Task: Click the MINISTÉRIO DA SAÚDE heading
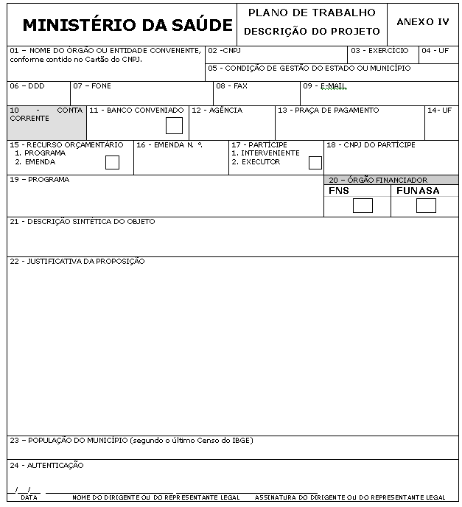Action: (x=127, y=24)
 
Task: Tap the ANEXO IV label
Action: (x=422, y=22)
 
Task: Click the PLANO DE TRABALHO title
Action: (x=312, y=13)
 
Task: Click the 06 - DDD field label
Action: (x=27, y=86)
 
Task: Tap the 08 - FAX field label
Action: (x=231, y=86)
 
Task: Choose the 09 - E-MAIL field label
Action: (x=324, y=86)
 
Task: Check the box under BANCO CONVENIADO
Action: (x=174, y=125)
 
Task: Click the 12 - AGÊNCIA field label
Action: (x=217, y=111)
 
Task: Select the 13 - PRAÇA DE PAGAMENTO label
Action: (x=328, y=111)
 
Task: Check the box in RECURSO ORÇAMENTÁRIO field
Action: (x=112, y=162)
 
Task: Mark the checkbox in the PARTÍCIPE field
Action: (x=315, y=162)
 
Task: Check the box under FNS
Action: (x=363, y=206)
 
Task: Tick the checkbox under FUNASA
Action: (x=426, y=206)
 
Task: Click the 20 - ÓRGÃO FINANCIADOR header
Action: (x=377, y=180)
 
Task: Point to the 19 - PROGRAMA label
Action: (x=40, y=180)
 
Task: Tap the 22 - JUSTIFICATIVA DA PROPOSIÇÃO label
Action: (x=77, y=262)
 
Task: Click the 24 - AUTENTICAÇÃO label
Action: (x=47, y=466)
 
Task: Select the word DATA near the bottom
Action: (x=29, y=497)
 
